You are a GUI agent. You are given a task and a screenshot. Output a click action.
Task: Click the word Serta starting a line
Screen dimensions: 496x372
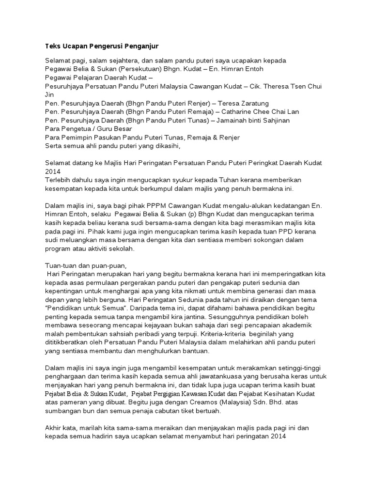click(x=54, y=145)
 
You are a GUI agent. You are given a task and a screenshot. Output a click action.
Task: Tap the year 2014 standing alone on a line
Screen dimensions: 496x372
click(x=52, y=171)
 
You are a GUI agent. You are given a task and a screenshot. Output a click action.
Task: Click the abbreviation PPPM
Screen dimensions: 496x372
click(x=148, y=205)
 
